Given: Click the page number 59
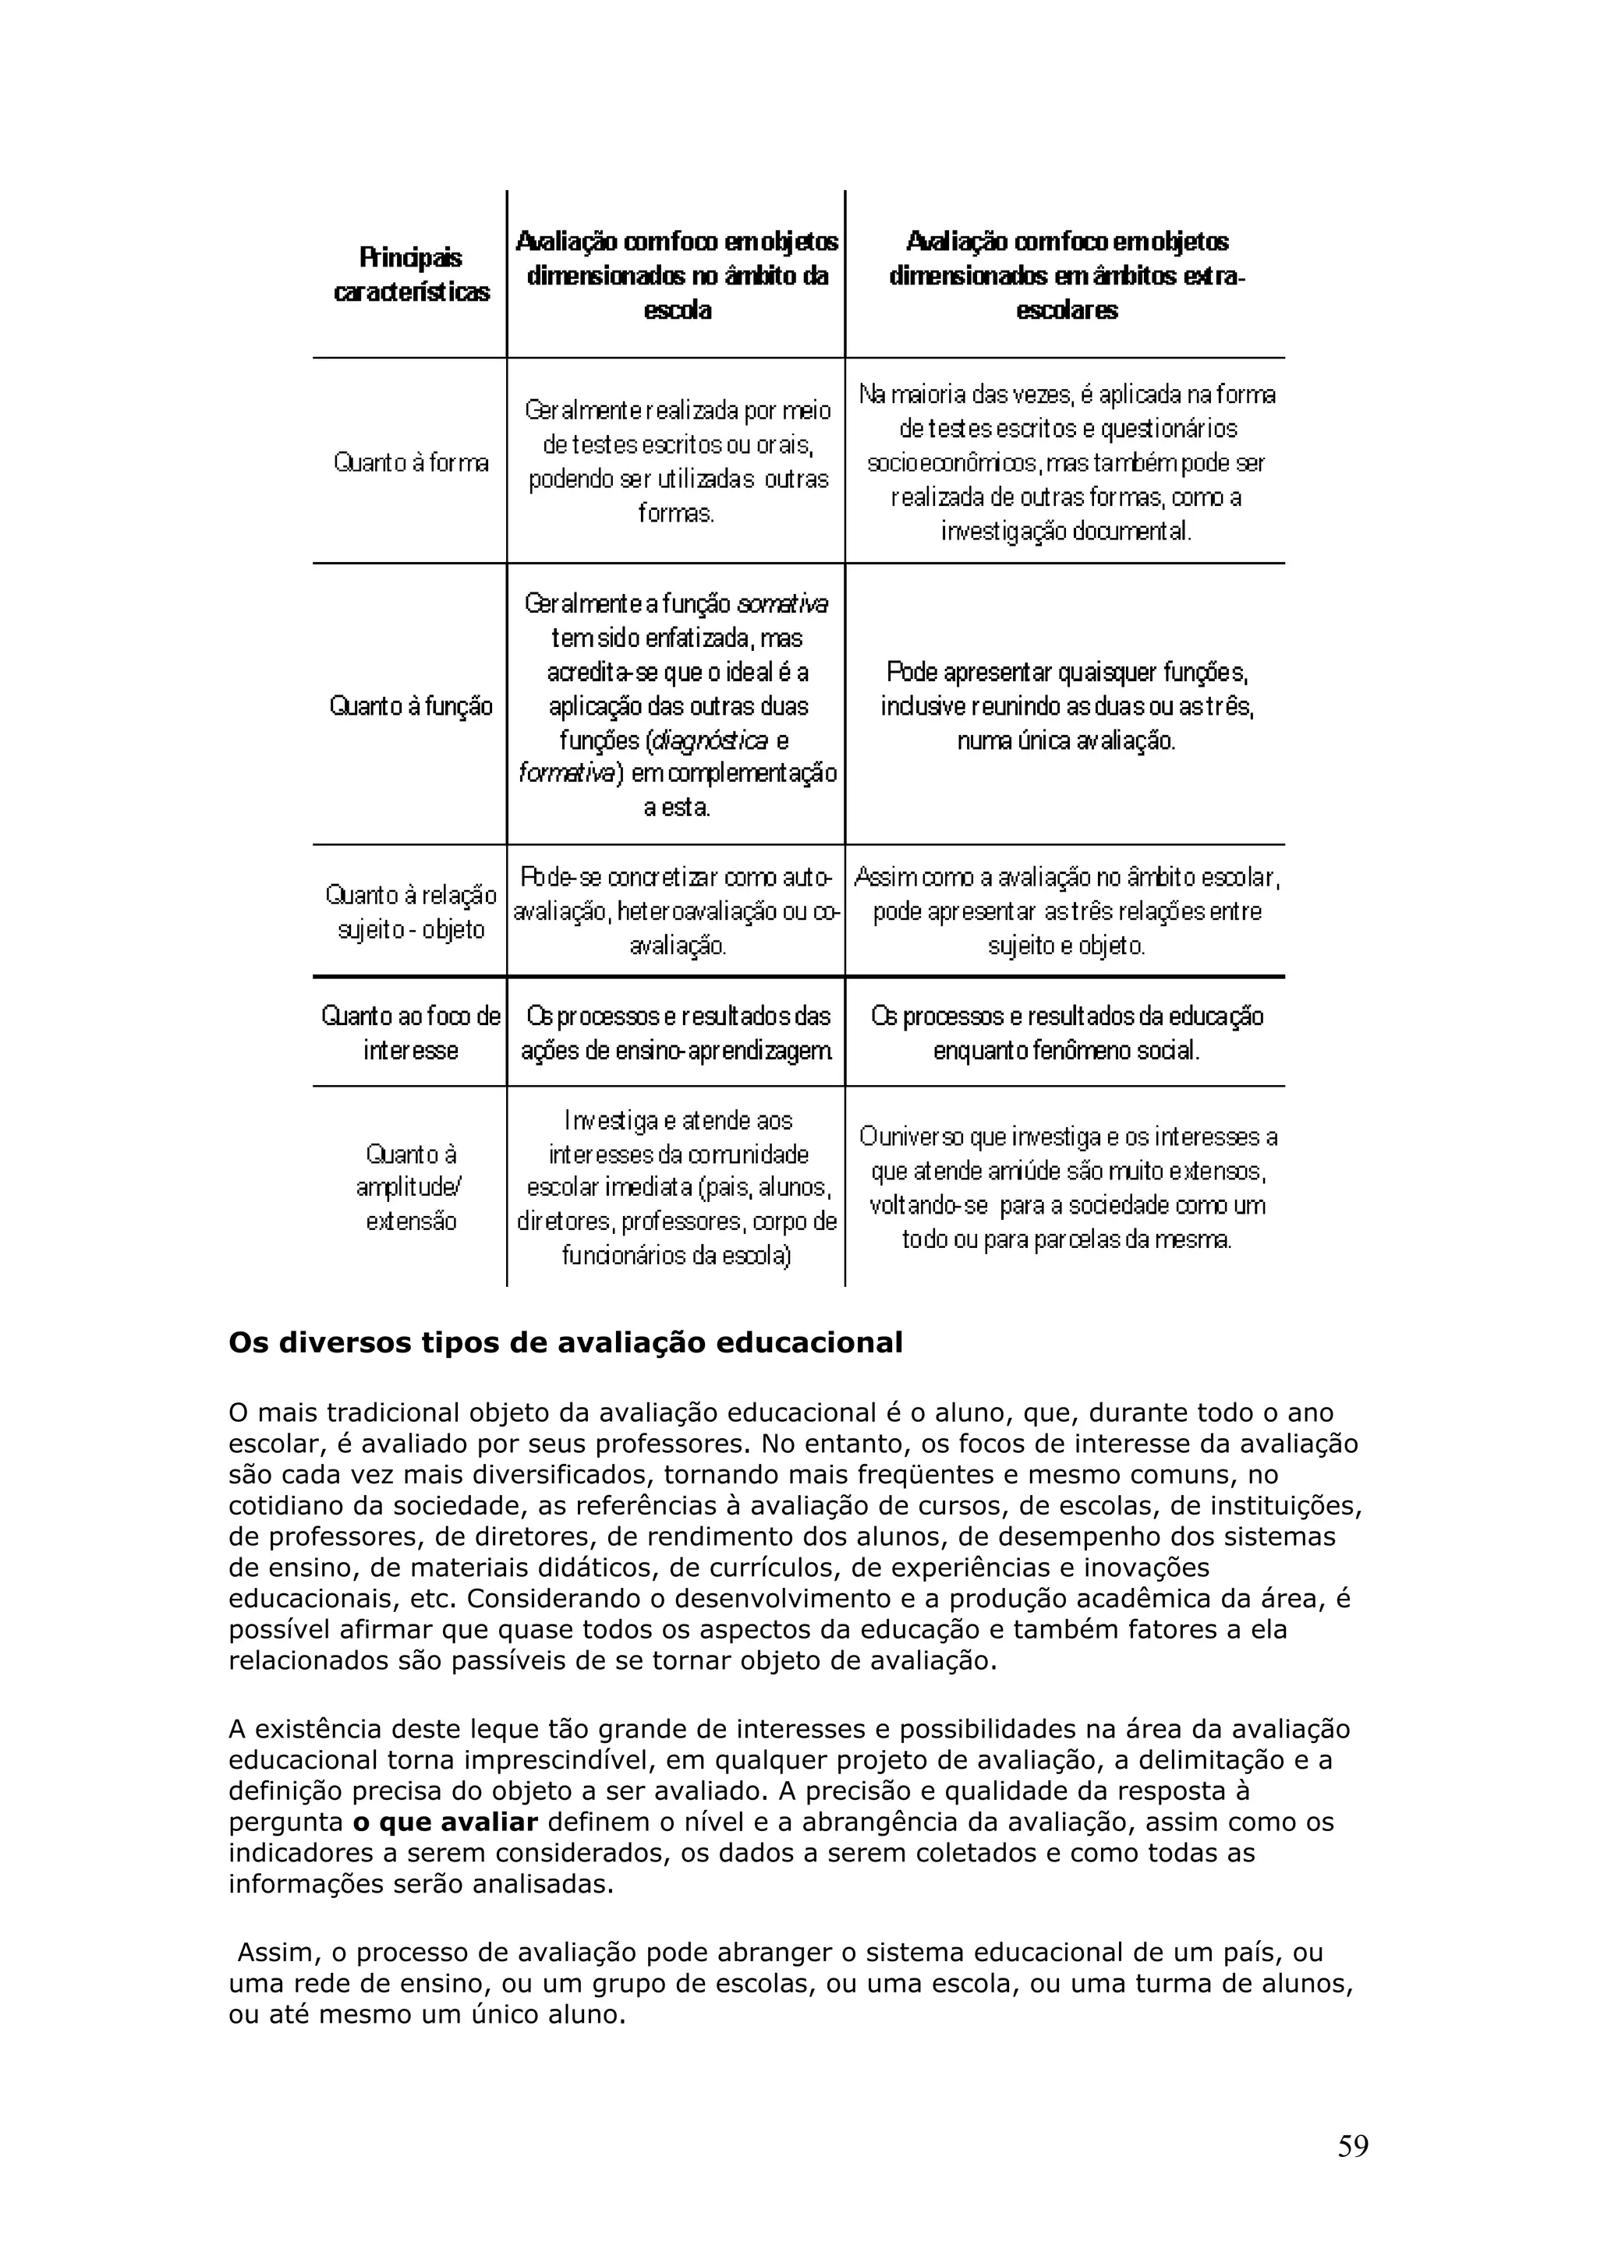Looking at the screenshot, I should pyautogui.click(x=1352, y=2146).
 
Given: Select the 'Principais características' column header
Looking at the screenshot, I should pyautogui.click(x=411, y=274).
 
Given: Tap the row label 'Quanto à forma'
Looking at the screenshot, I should pyautogui.click(x=411, y=462).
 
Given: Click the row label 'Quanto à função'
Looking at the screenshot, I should pyautogui.click(x=411, y=705).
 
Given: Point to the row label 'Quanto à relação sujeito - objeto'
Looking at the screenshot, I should pyautogui.click(x=411, y=912).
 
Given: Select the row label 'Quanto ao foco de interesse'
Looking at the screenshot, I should pyautogui.click(x=411, y=1033).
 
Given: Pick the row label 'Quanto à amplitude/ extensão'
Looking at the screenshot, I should pyautogui.click(x=411, y=1186).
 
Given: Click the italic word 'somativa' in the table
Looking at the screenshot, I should pyautogui.click(x=782, y=603).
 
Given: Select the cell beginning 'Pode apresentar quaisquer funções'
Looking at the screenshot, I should pyautogui.click(x=1067, y=705).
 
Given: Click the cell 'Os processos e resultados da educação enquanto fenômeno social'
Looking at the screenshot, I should pyautogui.click(x=1067, y=1033).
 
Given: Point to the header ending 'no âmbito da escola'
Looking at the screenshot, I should pyautogui.click(x=677, y=275).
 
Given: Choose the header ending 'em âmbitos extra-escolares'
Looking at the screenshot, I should pyautogui.click(x=1067, y=275).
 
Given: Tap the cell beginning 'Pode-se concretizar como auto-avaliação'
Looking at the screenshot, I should pyautogui.click(x=677, y=911).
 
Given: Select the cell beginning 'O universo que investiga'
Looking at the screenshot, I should pyautogui.click(x=1067, y=1187).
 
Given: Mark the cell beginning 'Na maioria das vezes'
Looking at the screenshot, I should pyautogui.click(x=1067, y=462).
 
